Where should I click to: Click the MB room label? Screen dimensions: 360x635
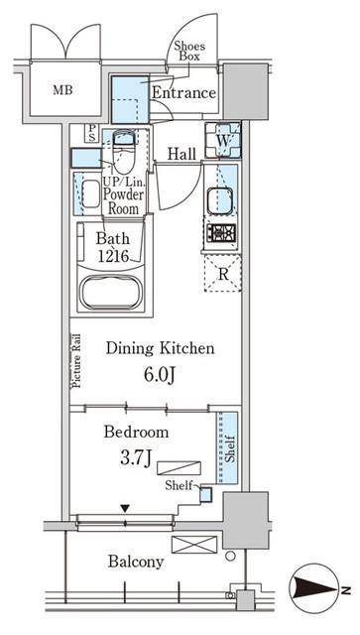tap(62, 90)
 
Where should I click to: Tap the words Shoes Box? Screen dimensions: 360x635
tap(189, 51)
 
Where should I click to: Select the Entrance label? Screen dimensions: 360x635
tap(183, 92)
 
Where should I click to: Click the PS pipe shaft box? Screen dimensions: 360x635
tap(92, 133)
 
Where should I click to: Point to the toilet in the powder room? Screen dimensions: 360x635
tap(124, 152)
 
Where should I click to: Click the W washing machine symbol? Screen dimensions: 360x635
tap(223, 140)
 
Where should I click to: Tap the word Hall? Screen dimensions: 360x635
tap(181, 154)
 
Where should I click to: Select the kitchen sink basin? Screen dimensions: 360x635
tap(219, 200)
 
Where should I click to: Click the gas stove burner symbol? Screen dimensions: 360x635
tap(221, 234)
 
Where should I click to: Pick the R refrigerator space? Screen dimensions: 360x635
tap(223, 274)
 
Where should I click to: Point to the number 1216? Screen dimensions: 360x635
tap(112, 256)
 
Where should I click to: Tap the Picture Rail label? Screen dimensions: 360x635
tap(76, 361)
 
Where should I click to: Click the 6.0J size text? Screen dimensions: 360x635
tap(159, 375)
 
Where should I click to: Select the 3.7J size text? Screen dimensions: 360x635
tap(135, 458)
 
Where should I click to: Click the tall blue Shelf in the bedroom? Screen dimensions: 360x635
tap(227, 447)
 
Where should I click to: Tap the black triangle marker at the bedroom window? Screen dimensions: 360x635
tap(126, 508)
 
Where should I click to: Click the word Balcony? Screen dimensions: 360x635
tap(136, 563)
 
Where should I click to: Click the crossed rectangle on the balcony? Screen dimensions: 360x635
tap(194, 545)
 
